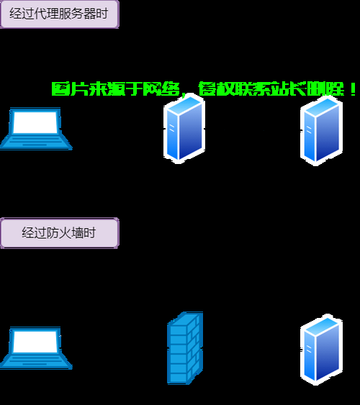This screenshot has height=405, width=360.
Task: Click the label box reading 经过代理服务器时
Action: click(60, 14)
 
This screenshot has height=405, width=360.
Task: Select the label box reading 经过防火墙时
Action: click(60, 233)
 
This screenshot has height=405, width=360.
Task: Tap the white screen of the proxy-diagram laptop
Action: click(35, 122)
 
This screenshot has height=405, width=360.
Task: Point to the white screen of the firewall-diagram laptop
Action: click(35, 342)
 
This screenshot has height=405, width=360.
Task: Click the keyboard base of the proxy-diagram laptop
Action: click(36, 142)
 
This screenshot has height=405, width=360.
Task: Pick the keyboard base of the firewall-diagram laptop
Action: click(36, 362)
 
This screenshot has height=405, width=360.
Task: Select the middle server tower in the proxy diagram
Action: click(184, 128)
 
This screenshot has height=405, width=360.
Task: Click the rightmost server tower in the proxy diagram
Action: click(322, 130)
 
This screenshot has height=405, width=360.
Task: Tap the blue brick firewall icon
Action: click(185, 348)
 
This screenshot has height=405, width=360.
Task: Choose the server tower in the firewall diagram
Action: click(322, 350)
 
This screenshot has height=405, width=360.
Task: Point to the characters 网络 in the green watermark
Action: click(161, 89)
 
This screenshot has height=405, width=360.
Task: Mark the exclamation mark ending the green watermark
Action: click(354, 89)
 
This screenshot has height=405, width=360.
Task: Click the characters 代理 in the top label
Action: click(46, 14)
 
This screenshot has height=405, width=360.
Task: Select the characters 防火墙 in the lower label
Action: click(65, 233)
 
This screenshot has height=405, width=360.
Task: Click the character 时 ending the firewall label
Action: click(90, 233)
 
